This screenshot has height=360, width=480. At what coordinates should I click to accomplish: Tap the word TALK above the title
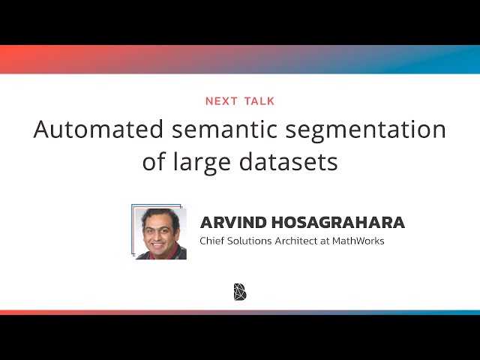point(258,100)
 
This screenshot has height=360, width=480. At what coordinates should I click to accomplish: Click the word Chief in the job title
point(213,241)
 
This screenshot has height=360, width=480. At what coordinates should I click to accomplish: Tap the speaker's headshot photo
point(160,233)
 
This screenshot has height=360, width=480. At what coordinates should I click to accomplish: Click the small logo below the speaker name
point(240,292)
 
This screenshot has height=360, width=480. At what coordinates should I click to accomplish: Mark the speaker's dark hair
point(159,215)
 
